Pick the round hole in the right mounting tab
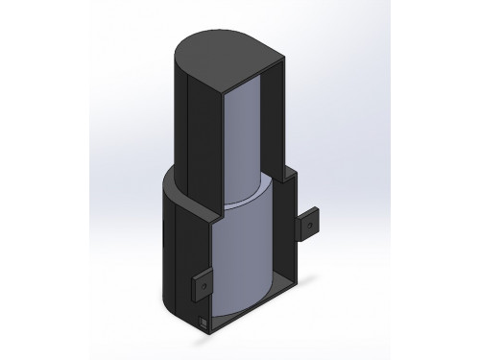[x=309, y=224]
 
